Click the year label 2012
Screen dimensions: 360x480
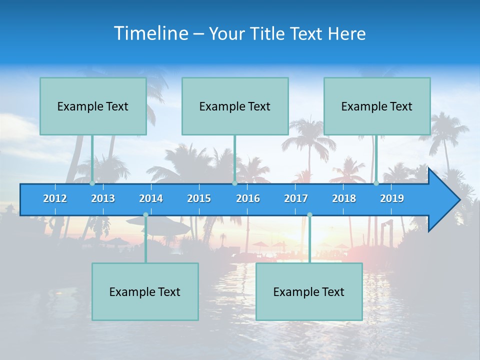click(x=55, y=198)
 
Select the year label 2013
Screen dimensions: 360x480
click(x=103, y=198)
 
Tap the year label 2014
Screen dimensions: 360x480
click(x=151, y=198)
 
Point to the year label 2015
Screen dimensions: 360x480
click(x=199, y=198)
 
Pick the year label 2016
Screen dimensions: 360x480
click(x=248, y=198)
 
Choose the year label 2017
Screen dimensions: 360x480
click(x=296, y=198)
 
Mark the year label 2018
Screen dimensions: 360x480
click(x=344, y=198)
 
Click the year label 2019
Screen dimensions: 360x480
click(x=392, y=198)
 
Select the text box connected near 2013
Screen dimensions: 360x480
click(x=93, y=106)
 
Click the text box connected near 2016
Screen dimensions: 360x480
click(x=235, y=106)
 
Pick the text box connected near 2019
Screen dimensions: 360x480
click(x=377, y=106)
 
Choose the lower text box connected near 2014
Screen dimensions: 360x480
click(x=145, y=291)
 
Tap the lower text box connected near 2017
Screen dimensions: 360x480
click(x=309, y=291)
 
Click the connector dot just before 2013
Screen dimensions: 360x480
click(x=92, y=183)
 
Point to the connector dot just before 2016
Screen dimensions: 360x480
click(x=234, y=183)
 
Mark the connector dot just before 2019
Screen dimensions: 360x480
click(x=376, y=183)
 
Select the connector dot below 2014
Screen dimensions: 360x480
click(x=145, y=215)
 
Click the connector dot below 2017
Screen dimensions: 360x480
click(x=309, y=215)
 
